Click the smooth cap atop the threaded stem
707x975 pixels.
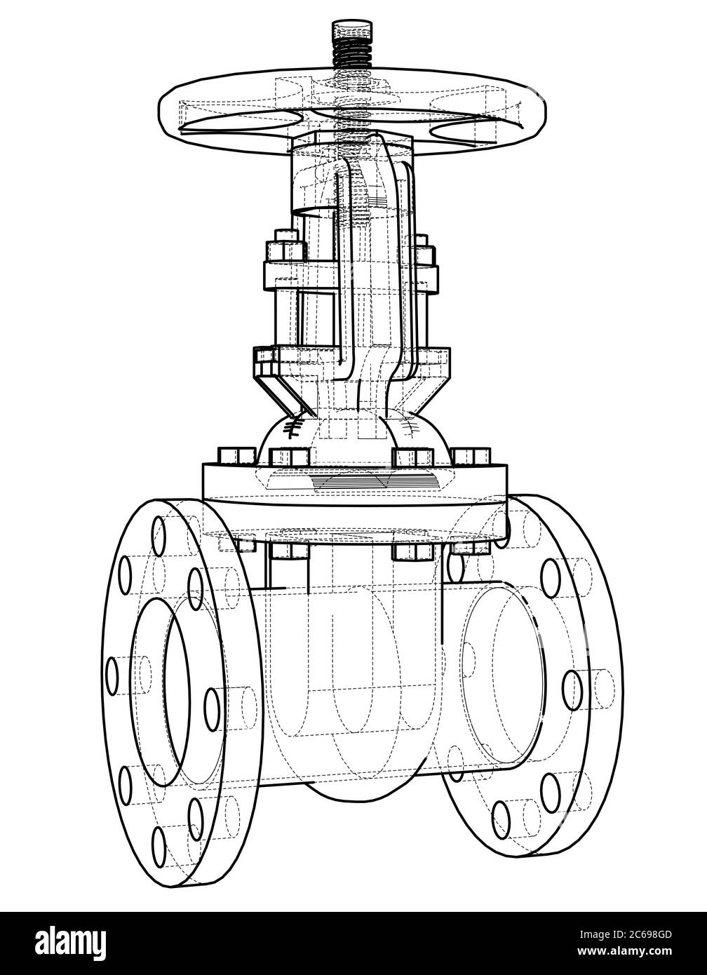(x=351, y=31)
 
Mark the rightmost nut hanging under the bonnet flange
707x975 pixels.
(x=459, y=546)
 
